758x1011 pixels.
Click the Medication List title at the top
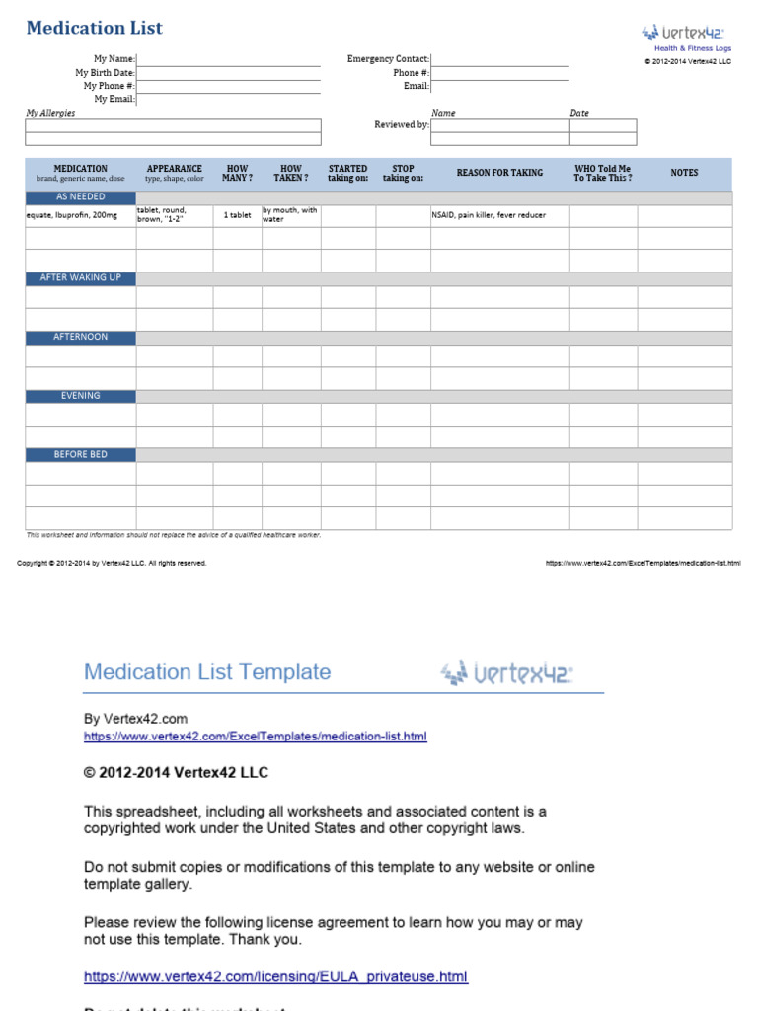(x=94, y=28)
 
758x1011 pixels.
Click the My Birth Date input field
(x=228, y=73)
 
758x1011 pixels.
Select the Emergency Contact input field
(x=499, y=59)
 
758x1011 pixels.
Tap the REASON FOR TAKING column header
(x=499, y=173)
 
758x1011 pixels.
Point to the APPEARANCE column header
(x=175, y=173)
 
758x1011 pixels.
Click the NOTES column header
(x=684, y=173)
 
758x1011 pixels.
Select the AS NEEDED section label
(x=81, y=197)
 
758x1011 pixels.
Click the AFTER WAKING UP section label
(x=81, y=278)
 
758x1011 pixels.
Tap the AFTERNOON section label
(x=81, y=337)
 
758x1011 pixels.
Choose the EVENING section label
(x=81, y=396)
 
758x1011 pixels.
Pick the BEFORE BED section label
(x=81, y=455)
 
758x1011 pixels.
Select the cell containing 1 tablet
(x=237, y=215)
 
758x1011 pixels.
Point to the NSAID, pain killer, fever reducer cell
(x=489, y=215)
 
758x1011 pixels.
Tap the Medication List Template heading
(x=207, y=672)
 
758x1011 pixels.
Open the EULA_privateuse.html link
(x=275, y=977)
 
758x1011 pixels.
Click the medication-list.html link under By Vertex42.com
(x=256, y=737)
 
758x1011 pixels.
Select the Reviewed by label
(x=401, y=125)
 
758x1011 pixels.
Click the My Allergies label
(x=50, y=113)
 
